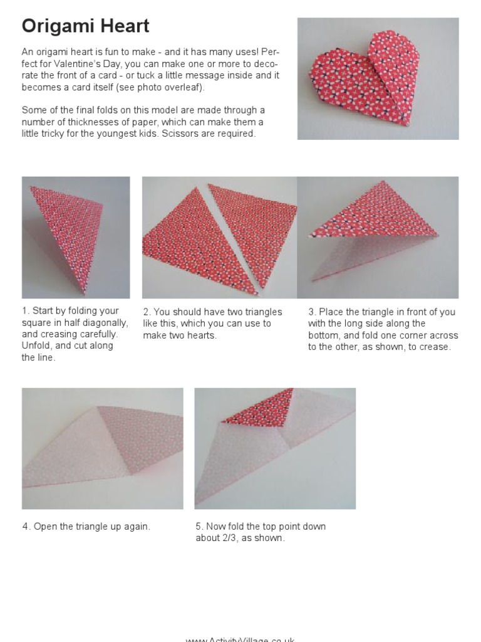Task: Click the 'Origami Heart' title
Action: click(85, 26)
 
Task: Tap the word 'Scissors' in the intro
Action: click(182, 134)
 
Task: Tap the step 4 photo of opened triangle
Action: click(102, 448)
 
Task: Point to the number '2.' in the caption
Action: click(147, 312)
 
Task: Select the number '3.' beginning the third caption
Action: click(312, 312)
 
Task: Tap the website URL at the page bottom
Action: click(240, 639)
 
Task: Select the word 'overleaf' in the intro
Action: click(184, 87)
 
